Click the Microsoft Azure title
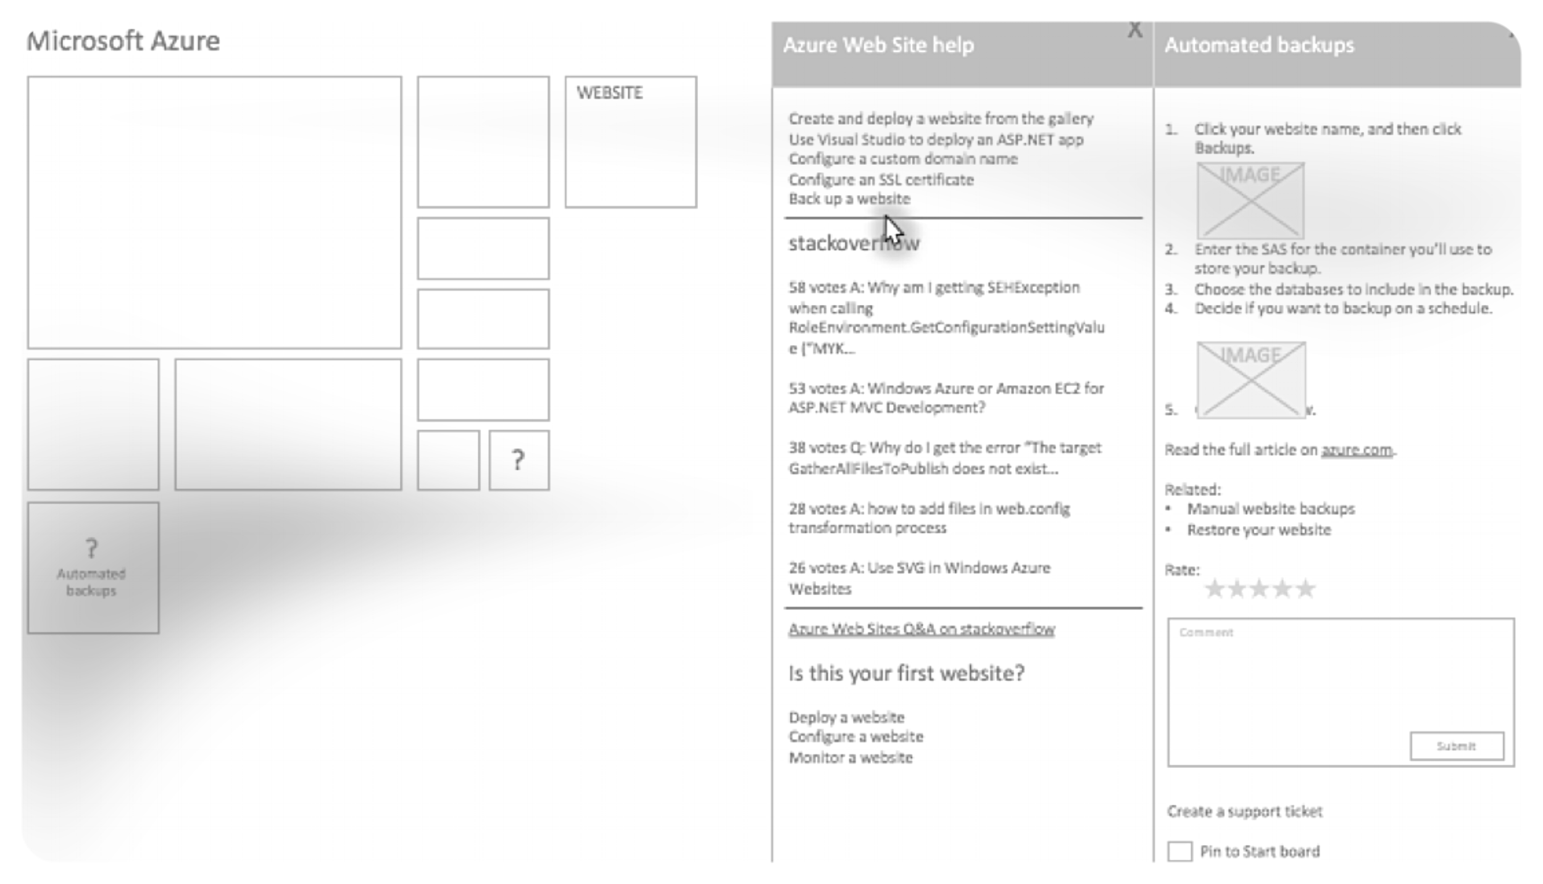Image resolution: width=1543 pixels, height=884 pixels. pos(123,41)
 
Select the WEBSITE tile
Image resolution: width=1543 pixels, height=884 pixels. pos(630,142)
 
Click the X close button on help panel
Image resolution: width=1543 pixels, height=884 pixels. pos(1134,30)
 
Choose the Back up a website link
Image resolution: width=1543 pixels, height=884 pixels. pos(849,199)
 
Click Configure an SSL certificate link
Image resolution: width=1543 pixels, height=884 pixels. pos(881,180)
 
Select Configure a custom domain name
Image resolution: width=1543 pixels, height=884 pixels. pos(902,159)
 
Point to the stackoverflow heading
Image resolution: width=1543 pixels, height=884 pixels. pos(854,243)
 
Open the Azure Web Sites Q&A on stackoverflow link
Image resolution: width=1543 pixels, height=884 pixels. pos(921,629)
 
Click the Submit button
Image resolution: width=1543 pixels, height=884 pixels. pos(1456,746)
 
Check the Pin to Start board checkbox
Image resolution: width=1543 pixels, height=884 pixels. pos(1179,851)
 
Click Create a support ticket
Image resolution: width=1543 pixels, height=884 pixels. pos(1244,811)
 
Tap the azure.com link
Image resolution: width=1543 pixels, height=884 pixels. pos(1356,450)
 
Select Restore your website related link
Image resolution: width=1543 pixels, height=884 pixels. pos(1258,530)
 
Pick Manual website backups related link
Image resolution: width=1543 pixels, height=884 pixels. pos(1270,509)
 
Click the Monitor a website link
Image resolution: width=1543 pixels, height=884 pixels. pos(850,757)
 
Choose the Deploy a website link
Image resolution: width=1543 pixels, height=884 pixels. pos(846,717)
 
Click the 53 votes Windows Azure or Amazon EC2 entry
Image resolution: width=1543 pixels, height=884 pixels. pos(946,398)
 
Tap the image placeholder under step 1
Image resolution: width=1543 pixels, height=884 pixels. pos(1250,200)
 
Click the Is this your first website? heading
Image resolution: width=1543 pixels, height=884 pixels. pos(906,673)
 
